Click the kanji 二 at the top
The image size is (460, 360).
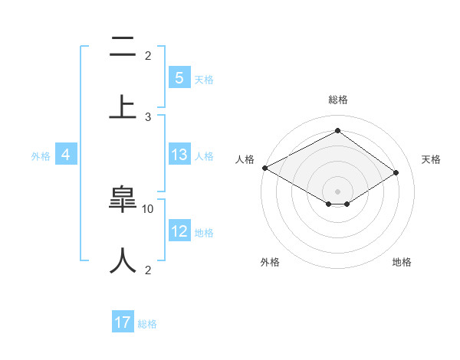[x=123, y=49]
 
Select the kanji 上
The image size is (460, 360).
[x=123, y=106]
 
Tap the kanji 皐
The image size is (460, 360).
[x=123, y=201]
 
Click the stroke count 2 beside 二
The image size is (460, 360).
[x=148, y=55]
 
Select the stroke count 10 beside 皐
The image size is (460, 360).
[x=148, y=208]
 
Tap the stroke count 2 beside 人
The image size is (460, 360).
[x=148, y=270]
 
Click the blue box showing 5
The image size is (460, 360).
[x=179, y=78]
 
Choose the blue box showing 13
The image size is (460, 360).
[x=179, y=155]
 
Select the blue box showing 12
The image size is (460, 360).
[x=179, y=231]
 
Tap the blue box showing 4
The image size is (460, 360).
[x=66, y=155]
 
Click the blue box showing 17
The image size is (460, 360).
[x=123, y=322]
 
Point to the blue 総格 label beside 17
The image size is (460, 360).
[x=147, y=324]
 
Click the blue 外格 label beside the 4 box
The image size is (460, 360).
[x=41, y=155]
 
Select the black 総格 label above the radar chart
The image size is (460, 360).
[x=337, y=100]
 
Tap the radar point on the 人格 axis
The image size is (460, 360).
[x=264, y=168]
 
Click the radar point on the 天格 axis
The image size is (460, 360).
[x=396, y=172]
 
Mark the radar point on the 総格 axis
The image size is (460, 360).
[x=337, y=130]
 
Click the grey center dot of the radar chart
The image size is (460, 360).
[x=337, y=191]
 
